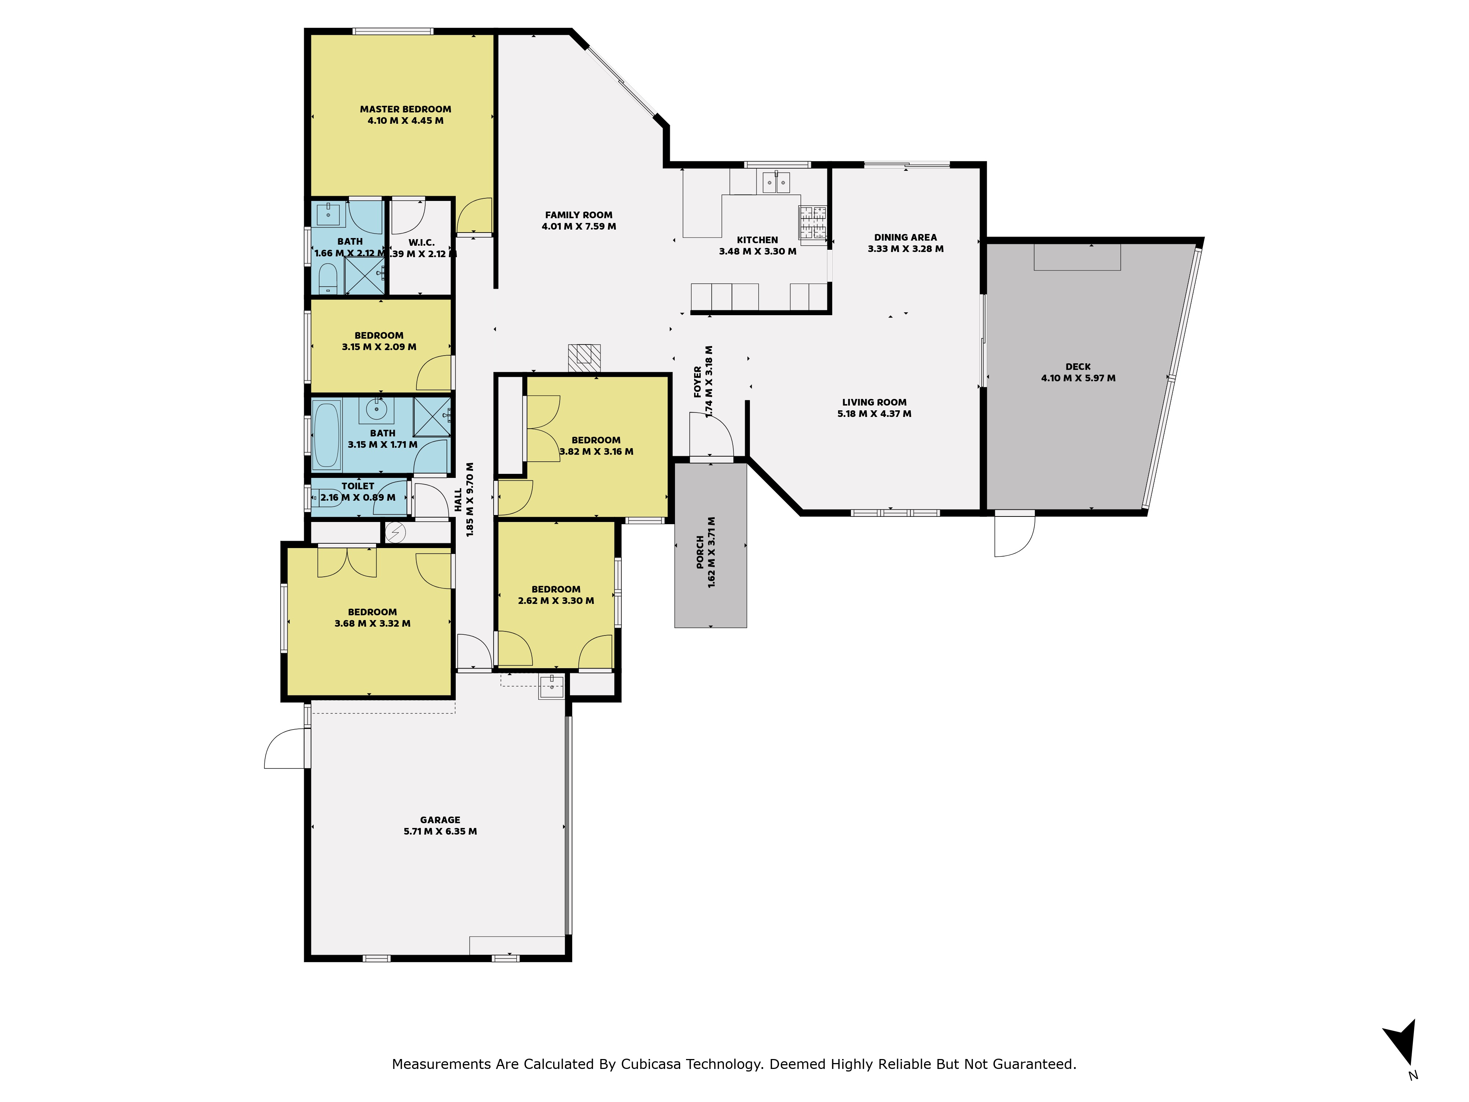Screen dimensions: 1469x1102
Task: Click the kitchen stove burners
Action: [813, 222]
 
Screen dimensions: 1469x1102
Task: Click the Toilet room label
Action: [358, 486]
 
